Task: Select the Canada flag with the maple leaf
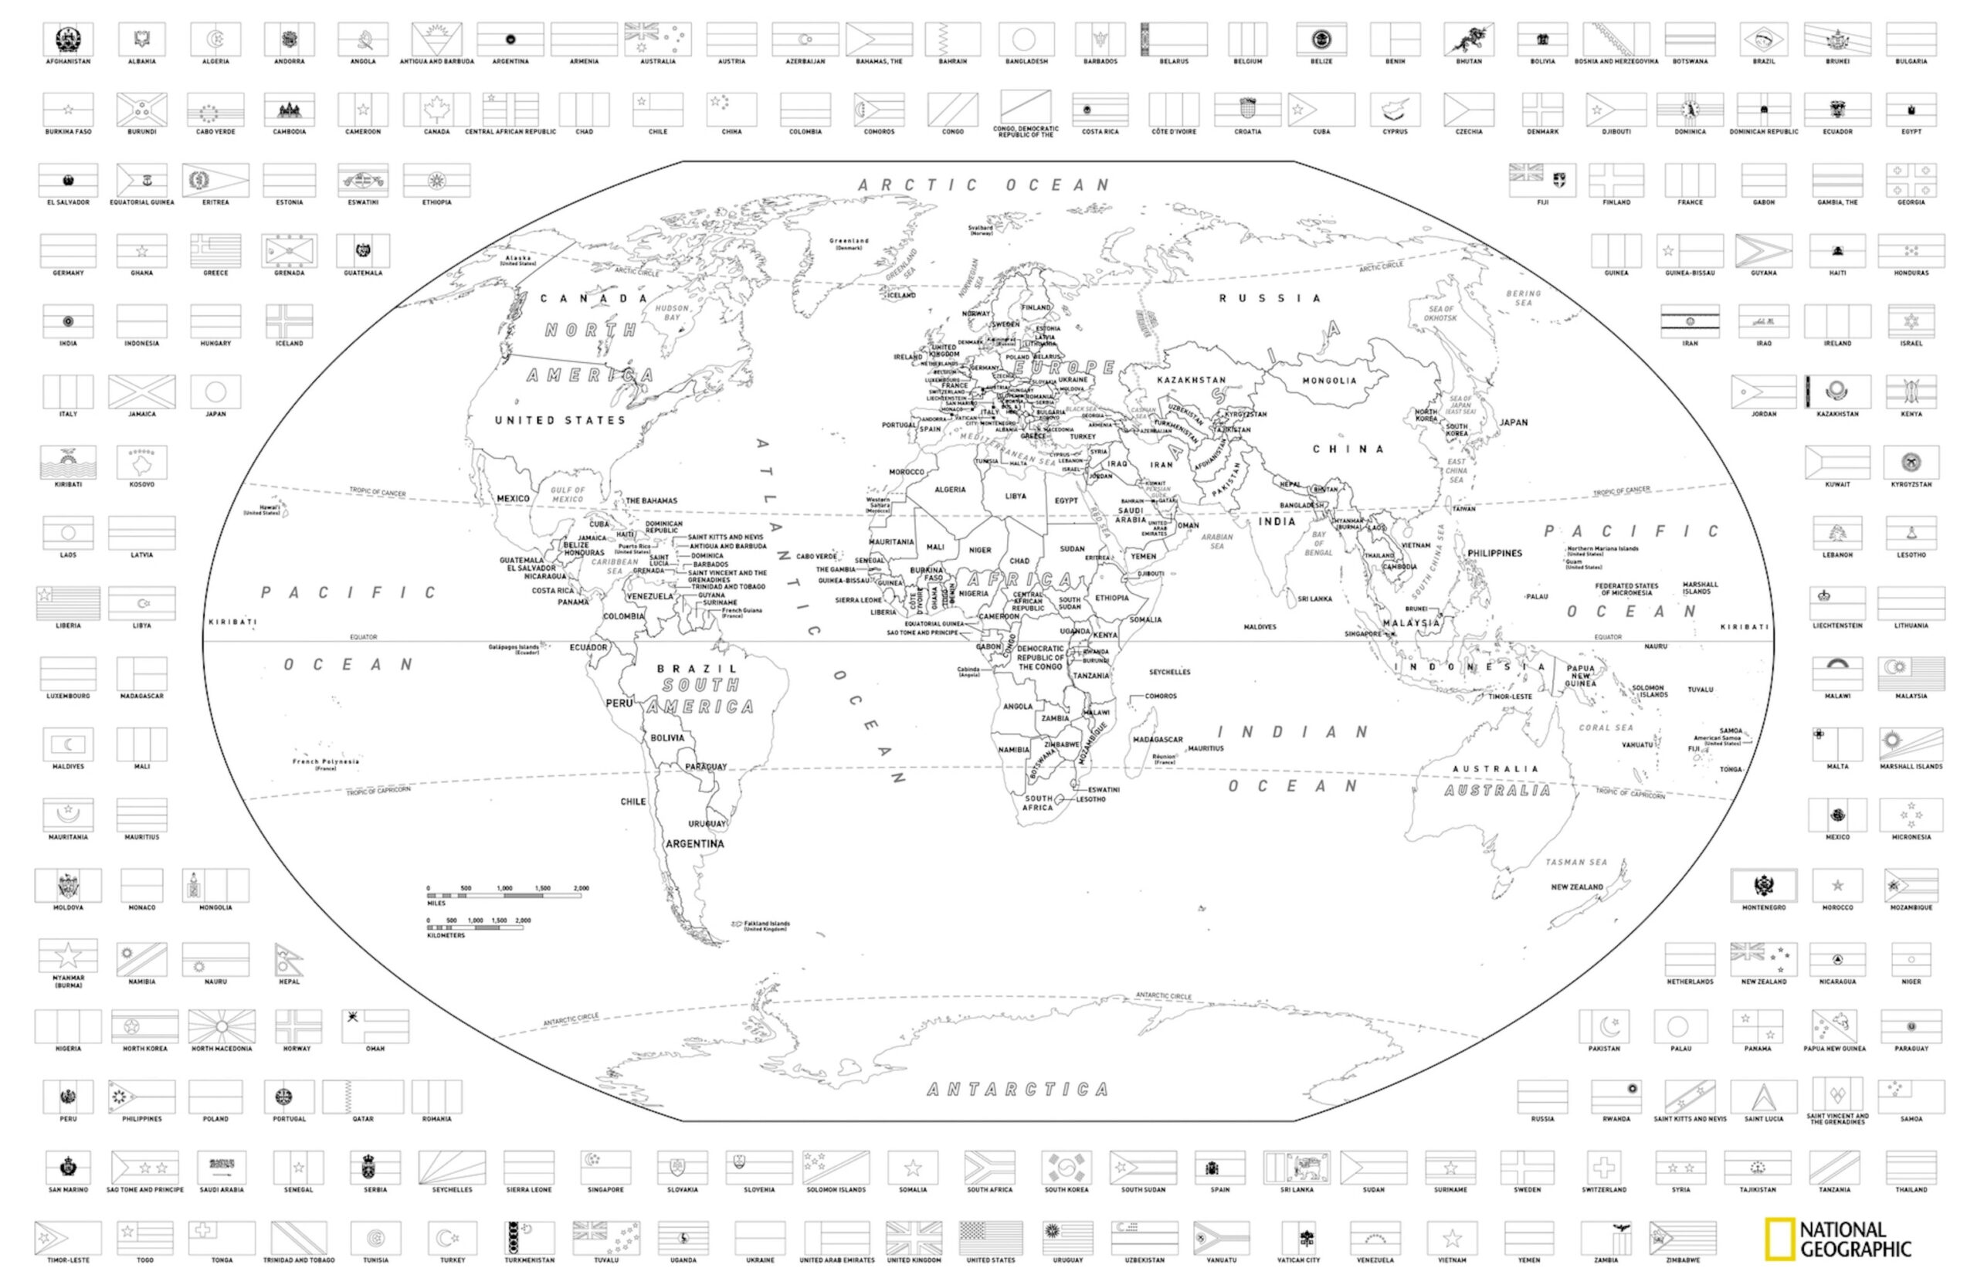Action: click(436, 109)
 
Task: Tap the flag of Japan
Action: click(215, 392)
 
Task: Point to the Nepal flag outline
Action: click(288, 959)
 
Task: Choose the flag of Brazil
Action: click(1764, 39)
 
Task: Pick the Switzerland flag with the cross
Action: click(1603, 1167)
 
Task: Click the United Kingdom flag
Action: click(914, 1238)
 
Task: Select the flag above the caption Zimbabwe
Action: click(1682, 1238)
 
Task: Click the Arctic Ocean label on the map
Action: click(984, 185)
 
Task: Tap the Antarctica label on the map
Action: click(1018, 1089)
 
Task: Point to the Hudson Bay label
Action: click(672, 312)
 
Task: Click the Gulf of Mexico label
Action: click(568, 494)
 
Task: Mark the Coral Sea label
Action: click(1606, 727)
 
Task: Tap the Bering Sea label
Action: click(1524, 297)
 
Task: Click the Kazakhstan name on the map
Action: click(1191, 380)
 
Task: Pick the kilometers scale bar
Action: click(475, 927)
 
